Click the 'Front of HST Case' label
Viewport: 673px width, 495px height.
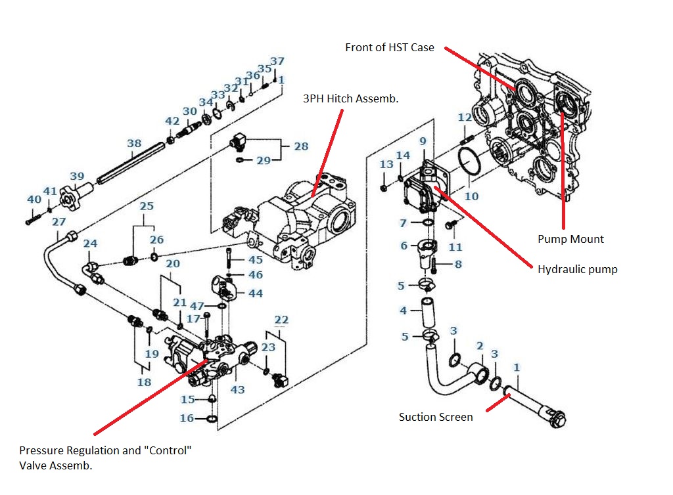point(389,47)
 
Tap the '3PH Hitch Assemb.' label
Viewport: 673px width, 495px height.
point(351,98)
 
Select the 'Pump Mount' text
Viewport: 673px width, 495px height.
point(570,239)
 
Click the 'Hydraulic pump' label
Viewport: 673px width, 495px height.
point(577,270)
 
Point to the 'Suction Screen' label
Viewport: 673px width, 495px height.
point(436,417)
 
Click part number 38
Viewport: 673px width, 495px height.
point(134,143)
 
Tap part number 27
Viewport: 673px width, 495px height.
point(58,222)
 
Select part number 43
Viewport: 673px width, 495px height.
point(237,389)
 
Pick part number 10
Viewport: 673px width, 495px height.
point(471,196)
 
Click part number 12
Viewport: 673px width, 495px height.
point(465,117)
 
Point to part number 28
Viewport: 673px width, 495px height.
point(301,146)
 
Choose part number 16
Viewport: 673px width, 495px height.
point(187,418)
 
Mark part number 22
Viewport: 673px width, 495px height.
point(281,320)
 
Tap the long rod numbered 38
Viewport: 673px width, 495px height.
point(131,163)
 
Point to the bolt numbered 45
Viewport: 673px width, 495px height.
point(229,259)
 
